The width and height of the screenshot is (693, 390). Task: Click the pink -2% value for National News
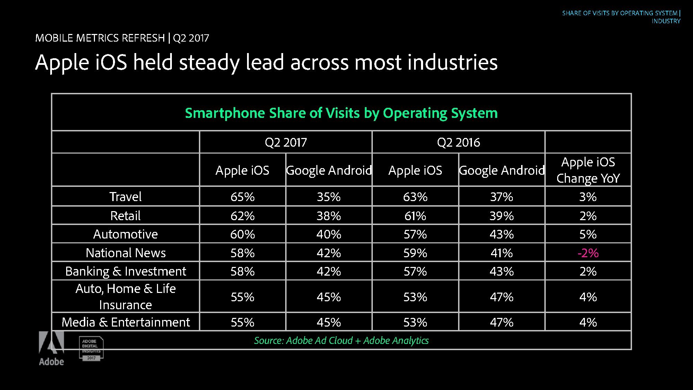pos(588,253)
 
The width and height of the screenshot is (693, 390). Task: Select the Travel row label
pos(125,197)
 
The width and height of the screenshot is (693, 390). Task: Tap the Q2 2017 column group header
pos(286,142)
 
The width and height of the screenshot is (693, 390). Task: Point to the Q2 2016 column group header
pos(458,142)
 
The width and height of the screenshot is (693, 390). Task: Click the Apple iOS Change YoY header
pos(588,170)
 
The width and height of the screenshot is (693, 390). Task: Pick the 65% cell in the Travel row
pos(243,197)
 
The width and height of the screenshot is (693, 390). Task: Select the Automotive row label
pos(125,234)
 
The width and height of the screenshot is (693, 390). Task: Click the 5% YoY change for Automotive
pos(588,234)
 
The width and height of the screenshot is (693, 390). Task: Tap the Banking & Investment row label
pos(125,271)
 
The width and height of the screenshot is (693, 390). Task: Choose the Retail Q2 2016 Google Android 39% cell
pos(502,216)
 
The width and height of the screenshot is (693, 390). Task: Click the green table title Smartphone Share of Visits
pos(341,113)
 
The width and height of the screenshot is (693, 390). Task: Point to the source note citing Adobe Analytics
pos(341,340)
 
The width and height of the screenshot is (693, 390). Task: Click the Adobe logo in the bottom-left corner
pos(51,348)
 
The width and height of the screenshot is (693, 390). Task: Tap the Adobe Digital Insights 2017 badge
pos(91,348)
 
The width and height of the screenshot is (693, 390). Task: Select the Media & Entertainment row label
pos(125,322)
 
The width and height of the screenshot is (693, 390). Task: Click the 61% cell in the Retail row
pos(415,216)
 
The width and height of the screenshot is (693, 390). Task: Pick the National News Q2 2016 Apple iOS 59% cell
pos(415,253)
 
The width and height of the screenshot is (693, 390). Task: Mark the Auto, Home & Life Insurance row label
pos(125,296)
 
